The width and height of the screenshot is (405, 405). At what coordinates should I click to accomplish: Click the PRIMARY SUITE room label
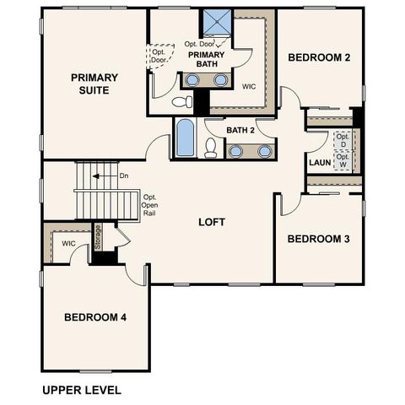point(94,83)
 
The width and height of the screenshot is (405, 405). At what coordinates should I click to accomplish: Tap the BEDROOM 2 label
point(320,57)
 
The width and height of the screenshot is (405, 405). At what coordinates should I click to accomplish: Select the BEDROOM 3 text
point(319,239)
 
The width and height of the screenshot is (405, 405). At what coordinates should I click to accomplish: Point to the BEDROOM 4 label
point(95,317)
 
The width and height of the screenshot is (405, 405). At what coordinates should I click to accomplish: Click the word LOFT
point(212,223)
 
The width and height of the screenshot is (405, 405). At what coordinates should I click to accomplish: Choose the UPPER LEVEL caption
point(82,391)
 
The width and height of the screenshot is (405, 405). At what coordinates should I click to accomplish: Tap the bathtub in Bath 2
point(185,138)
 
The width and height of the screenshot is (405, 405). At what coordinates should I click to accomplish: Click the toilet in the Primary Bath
point(181,102)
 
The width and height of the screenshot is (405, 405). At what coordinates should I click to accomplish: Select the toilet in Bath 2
point(211,148)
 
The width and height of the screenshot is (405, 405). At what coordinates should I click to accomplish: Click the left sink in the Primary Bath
point(193,80)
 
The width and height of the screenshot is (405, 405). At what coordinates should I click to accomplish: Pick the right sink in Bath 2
point(264,151)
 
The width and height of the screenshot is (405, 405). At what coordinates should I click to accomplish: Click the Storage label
point(98,237)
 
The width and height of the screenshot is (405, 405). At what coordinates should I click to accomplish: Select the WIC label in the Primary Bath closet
point(249,86)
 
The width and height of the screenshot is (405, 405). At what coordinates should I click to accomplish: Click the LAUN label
point(319,162)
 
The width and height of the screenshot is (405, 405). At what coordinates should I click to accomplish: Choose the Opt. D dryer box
point(343,140)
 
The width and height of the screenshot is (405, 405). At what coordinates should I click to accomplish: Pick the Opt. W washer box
point(343,160)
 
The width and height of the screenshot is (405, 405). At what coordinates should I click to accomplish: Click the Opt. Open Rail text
point(150,205)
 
